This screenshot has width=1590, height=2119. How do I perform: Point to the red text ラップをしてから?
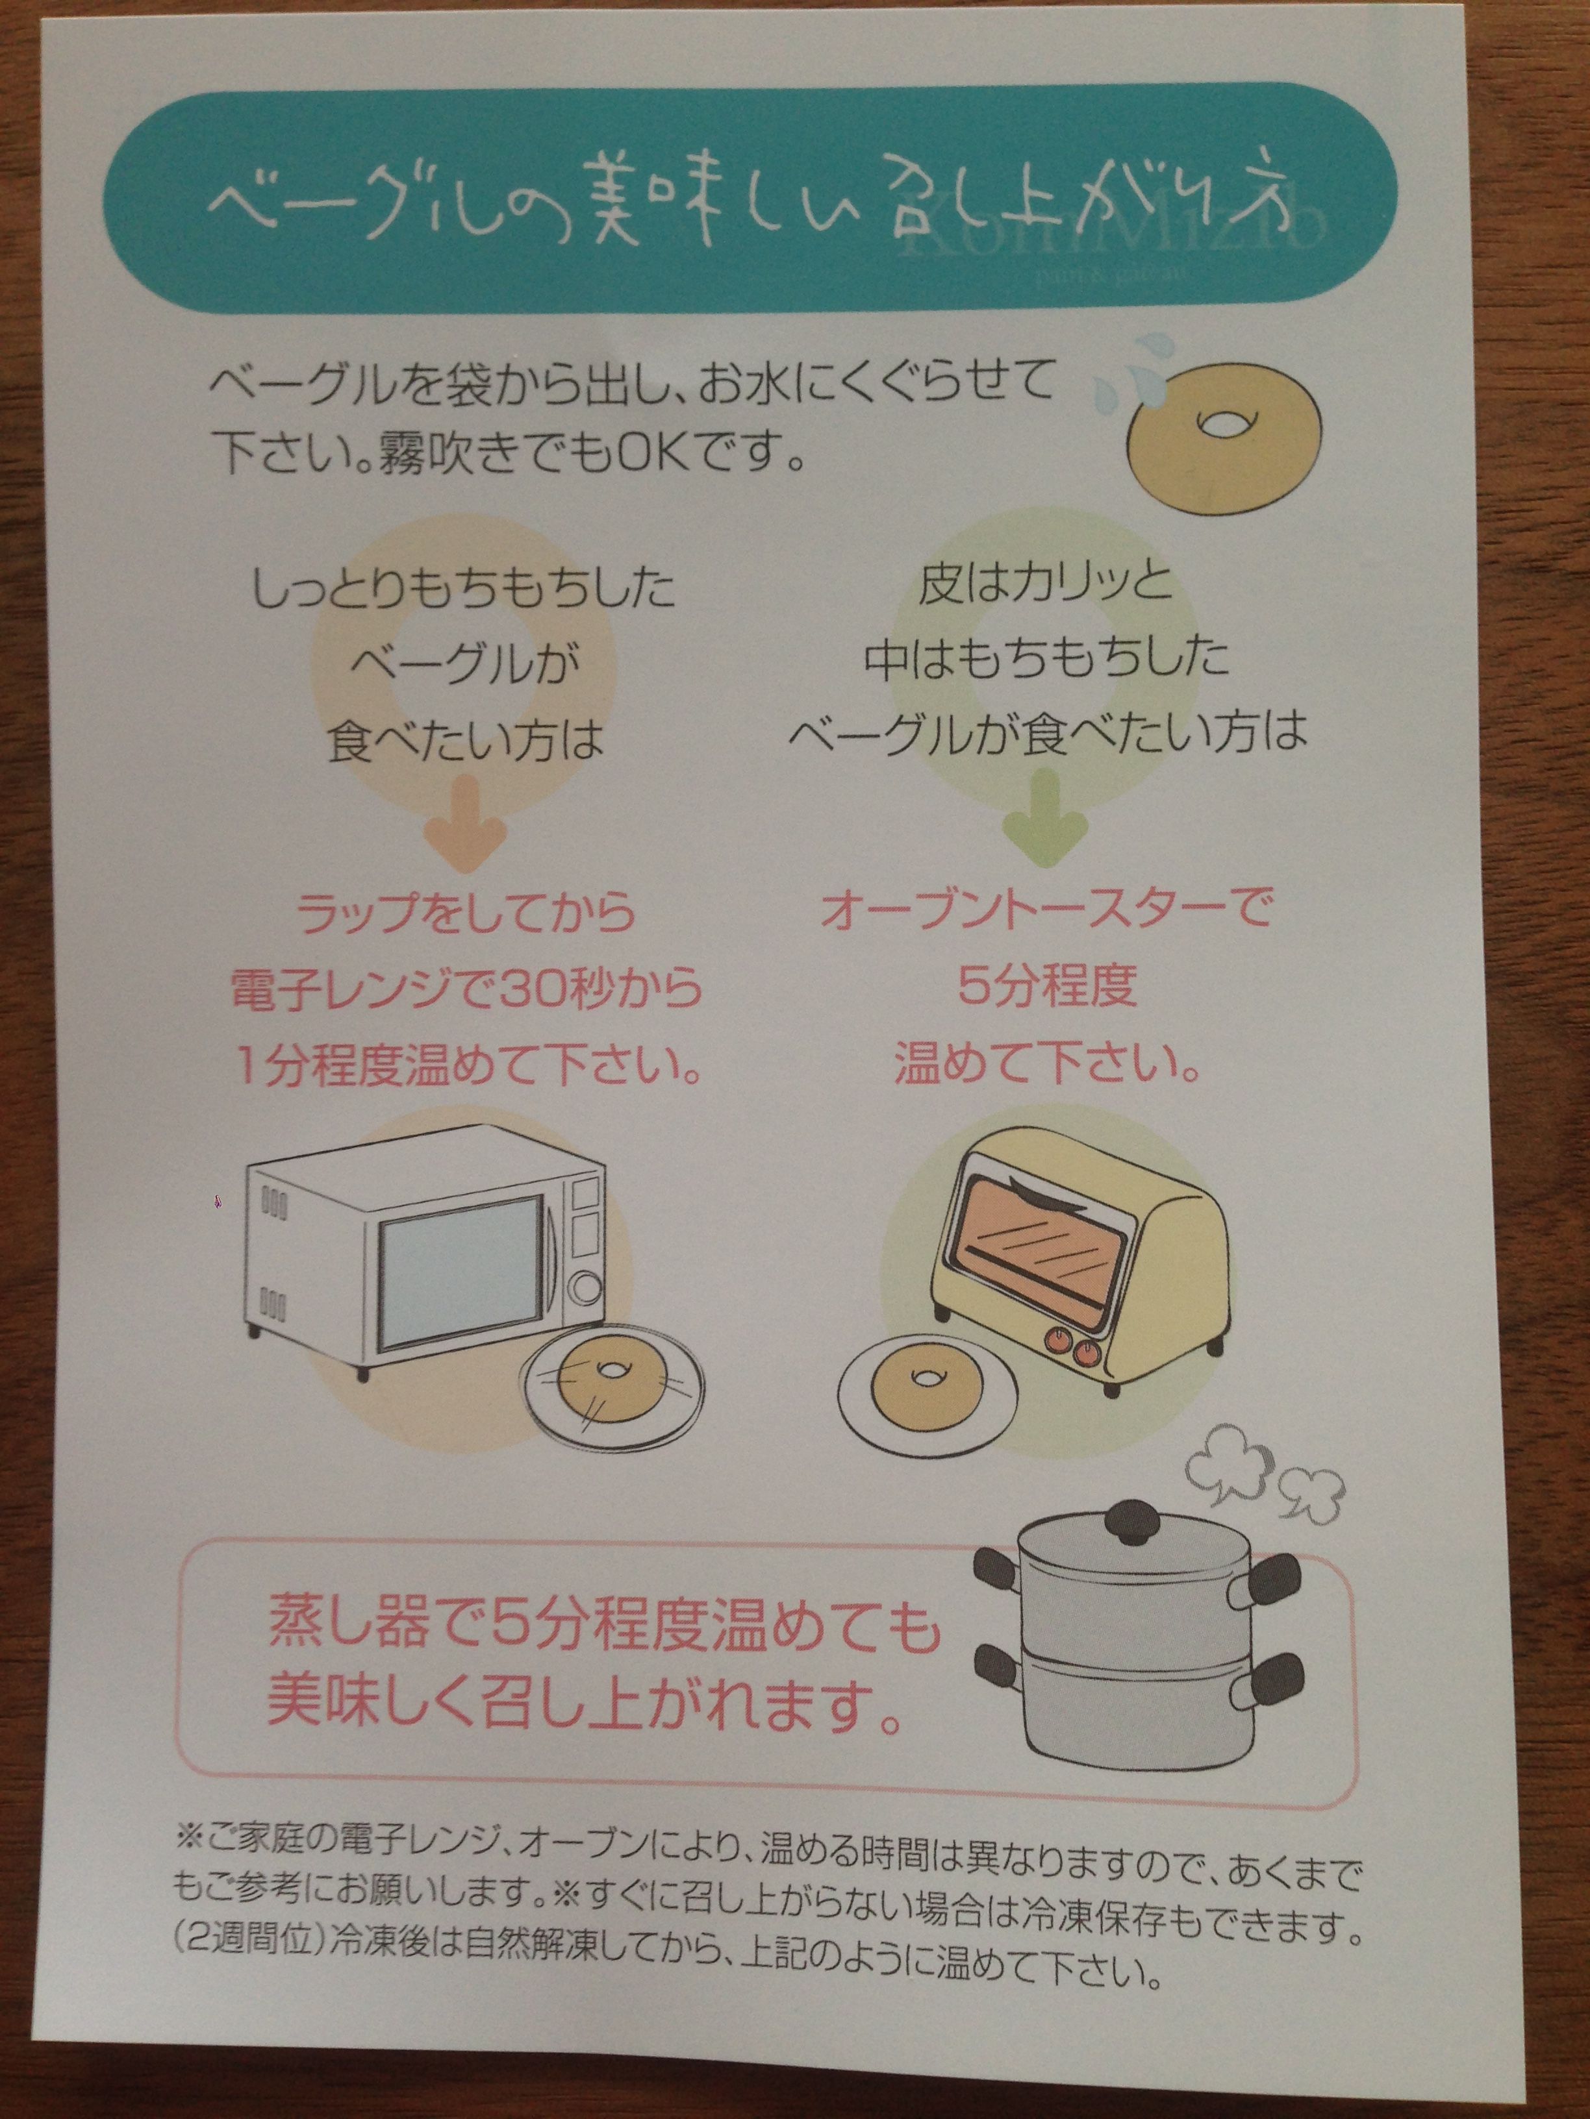(467, 913)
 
